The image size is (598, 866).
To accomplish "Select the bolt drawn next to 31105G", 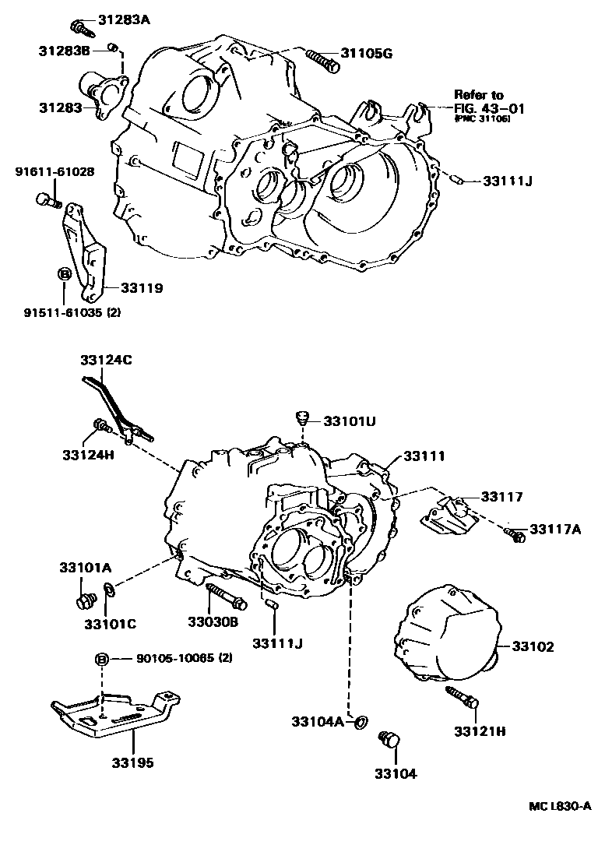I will pos(322,58).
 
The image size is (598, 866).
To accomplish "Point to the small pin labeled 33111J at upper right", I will pos(459,181).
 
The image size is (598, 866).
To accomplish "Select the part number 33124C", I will pos(106,360).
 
